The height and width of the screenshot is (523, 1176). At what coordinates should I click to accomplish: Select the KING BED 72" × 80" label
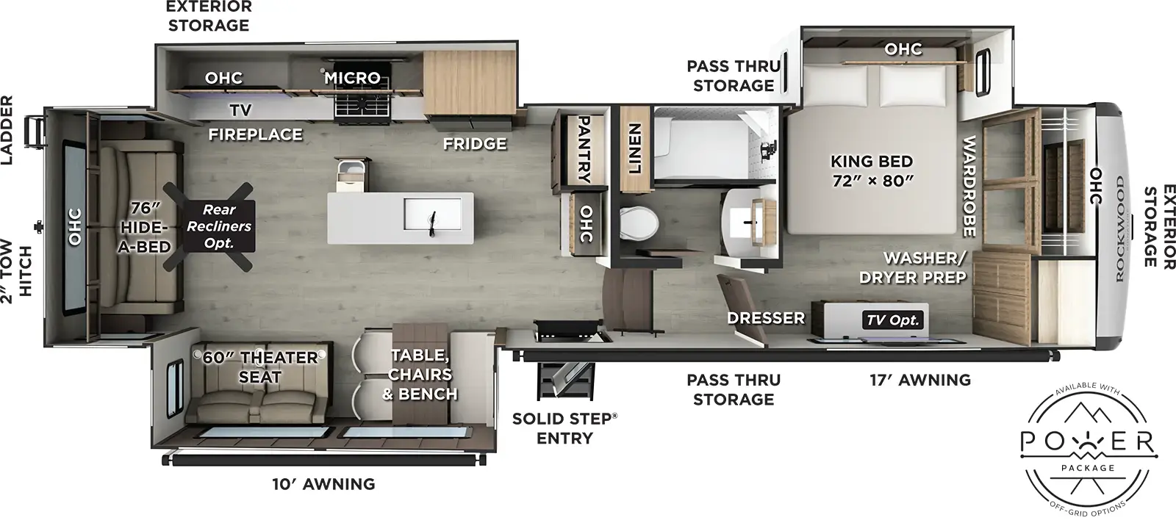tap(872, 170)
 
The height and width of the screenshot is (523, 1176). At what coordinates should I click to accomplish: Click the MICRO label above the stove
tap(353, 77)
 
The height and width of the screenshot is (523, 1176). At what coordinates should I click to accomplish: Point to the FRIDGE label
tap(475, 143)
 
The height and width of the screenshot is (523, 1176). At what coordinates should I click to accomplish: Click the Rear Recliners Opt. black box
tap(218, 226)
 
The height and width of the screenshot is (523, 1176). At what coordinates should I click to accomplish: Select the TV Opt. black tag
tap(893, 320)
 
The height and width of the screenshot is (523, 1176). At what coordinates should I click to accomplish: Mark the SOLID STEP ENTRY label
tap(564, 428)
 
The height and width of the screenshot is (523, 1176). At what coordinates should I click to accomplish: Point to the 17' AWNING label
tap(919, 380)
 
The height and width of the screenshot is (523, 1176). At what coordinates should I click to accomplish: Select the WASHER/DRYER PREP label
tap(924, 267)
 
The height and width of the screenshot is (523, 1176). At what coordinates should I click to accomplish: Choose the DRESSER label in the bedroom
tap(766, 318)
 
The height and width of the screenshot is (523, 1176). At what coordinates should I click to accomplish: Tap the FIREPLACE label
tap(255, 134)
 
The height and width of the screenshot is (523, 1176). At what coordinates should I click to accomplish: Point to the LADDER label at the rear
tap(10, 120)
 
